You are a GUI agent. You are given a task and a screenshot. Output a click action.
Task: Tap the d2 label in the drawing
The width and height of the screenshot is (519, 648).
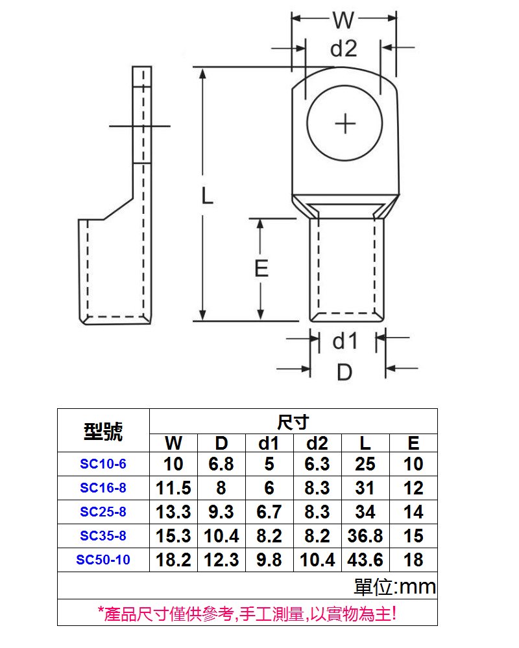pyautogui.click(x=344, y=49)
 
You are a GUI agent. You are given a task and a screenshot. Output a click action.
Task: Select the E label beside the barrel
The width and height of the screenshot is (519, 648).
pyautogui.click(x=261, y=268)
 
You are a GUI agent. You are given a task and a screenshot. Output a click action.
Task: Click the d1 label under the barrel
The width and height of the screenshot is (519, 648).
pyautogui.click(x=345, y=341)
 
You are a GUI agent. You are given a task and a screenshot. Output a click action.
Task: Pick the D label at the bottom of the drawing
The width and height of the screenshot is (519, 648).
pyautogui.click(x=344, y=372)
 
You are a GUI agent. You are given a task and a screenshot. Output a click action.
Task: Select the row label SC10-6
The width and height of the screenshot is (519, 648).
pyautogui.click(x=103, y=464)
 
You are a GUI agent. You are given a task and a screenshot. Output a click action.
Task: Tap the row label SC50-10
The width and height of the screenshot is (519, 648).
pyautogui.click(x=103, y=560)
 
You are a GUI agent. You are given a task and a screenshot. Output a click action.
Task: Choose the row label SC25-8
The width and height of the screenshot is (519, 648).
pyautogui.click(x=103, y=512)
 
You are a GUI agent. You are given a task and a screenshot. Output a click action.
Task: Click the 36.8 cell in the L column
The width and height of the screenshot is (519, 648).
pyautogui.click(x=365, y=536)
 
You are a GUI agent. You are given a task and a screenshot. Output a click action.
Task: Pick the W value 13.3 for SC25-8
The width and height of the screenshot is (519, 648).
pyautogui.click(x=173, y=512)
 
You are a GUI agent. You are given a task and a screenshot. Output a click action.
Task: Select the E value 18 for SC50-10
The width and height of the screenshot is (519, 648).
pyautogui.click(x=413, y=560)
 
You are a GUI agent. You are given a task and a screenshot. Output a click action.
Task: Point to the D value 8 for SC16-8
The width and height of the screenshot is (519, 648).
pyautogui.click(x=221, y=488)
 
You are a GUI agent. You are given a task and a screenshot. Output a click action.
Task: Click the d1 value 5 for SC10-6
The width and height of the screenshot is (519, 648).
pyautogui.click(x=269, y=464)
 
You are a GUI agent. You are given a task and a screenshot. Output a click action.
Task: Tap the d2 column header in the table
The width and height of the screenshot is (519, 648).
pyautogui.click(x=317, y=443)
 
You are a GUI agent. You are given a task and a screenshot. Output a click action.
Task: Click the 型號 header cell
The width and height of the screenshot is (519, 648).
pyautogui.click(x=103, y=431)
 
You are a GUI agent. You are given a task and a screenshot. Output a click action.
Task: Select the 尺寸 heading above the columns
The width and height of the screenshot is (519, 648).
pyautogui.click(x=293, y=422)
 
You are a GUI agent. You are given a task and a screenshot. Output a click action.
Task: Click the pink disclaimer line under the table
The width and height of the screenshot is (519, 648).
pyautogui.click(x=247, y=613)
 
